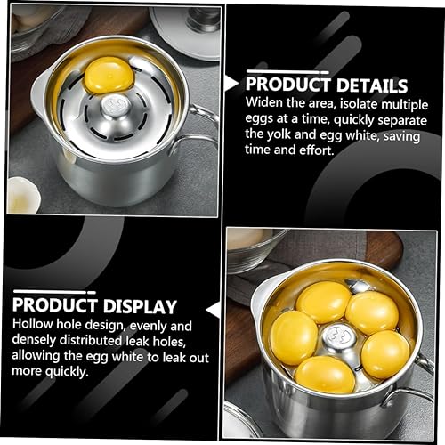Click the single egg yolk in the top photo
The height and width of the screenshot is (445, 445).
point(109,75)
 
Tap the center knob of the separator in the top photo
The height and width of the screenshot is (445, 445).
point(116,106)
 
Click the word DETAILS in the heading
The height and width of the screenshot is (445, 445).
point(372,85)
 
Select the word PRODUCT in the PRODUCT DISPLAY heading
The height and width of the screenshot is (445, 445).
point(55,305)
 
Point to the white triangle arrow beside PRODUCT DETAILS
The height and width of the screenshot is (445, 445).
point(231,84)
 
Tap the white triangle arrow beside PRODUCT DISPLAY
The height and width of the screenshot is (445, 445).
point(213,310)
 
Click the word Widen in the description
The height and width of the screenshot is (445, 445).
point(264,102)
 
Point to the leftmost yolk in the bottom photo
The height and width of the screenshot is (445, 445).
point(294,338)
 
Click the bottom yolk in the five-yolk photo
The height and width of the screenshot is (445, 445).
point(325,375)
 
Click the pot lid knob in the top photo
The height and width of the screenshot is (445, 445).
point(203,20)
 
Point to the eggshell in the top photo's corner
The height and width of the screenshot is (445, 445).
point(23,196)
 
